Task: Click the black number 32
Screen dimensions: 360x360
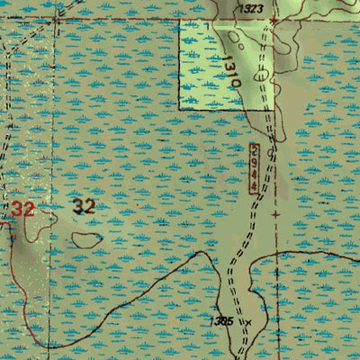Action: pyautogui.click(x=84, y=206)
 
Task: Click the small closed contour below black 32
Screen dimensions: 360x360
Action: pyautogui.click(x=86, y=240)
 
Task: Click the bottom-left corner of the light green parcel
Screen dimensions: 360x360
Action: pyautogui.click(x=180, y=109)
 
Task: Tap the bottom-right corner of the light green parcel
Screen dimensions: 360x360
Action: pyautogui.click(x=273, y=109)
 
